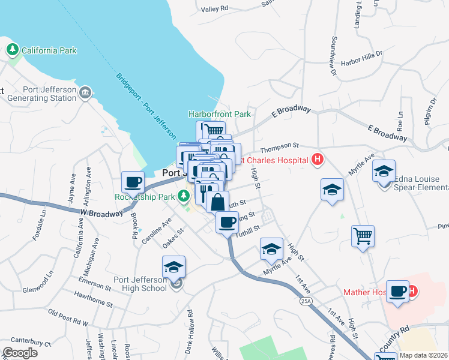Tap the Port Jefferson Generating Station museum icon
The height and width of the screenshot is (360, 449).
(x=86, y=92)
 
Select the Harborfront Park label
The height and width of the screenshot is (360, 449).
(x=219, y=113)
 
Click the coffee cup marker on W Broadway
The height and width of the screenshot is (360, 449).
(x=133, y=181)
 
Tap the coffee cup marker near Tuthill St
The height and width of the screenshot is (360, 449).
(x=227, y=222)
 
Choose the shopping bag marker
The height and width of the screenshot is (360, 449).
(x=217, y=202)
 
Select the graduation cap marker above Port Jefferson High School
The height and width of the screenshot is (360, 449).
(x=173, y=266)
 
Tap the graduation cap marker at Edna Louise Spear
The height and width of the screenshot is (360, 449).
(x=384, y=171)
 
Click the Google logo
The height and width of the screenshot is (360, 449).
(x=20, y=352)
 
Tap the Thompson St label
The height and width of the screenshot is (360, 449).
(x=279, y=145)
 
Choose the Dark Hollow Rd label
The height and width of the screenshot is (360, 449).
(x=190, y=330)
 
